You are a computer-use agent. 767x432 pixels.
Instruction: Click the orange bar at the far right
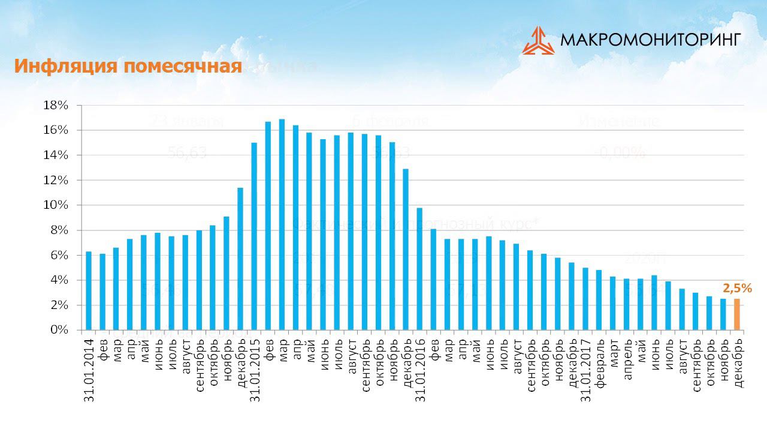click(x=737, y=314)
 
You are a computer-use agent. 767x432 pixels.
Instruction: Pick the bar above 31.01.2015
click(x=254, y=236)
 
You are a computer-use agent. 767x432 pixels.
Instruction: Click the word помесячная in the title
click(x=182, y=67)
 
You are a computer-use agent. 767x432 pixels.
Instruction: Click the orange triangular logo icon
click(x=538, y=41)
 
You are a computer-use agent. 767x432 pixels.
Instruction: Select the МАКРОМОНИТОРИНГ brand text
click(x=651, y=40)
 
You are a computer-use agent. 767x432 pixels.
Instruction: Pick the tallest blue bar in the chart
click(x=282, y=225)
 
